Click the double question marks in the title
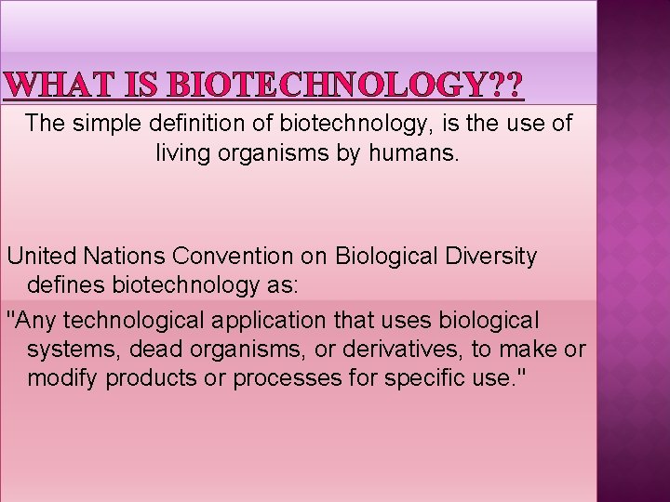click(506, 86)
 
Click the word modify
click(62, 379)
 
